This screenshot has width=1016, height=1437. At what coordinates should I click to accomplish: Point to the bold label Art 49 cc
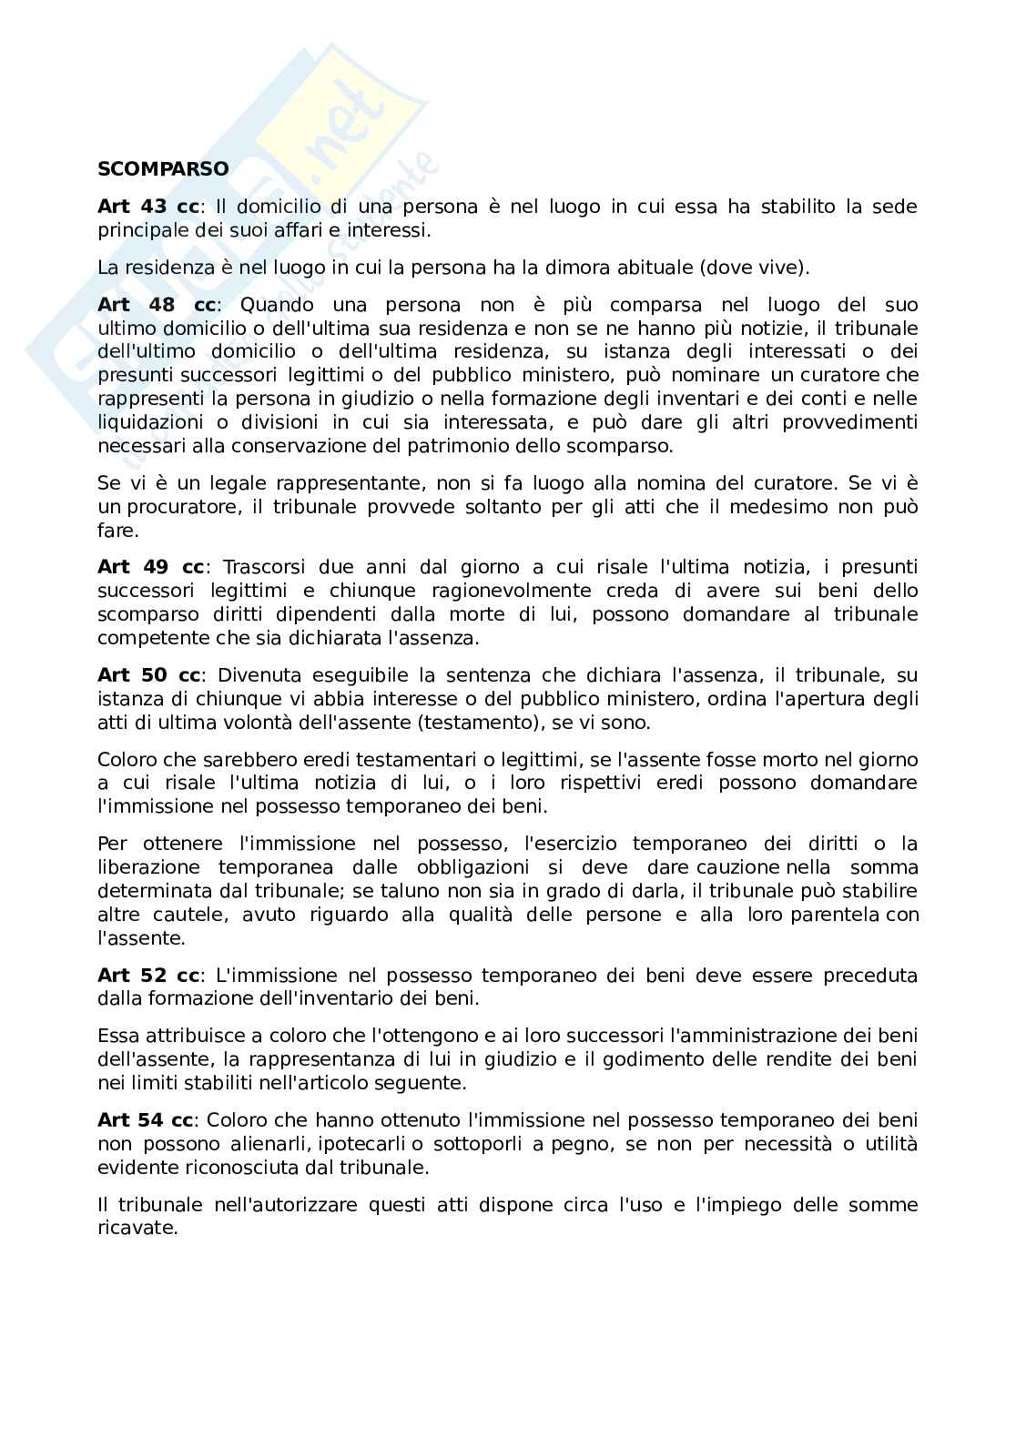coord(150,567)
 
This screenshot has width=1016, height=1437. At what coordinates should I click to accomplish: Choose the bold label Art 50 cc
coord(150,675)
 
